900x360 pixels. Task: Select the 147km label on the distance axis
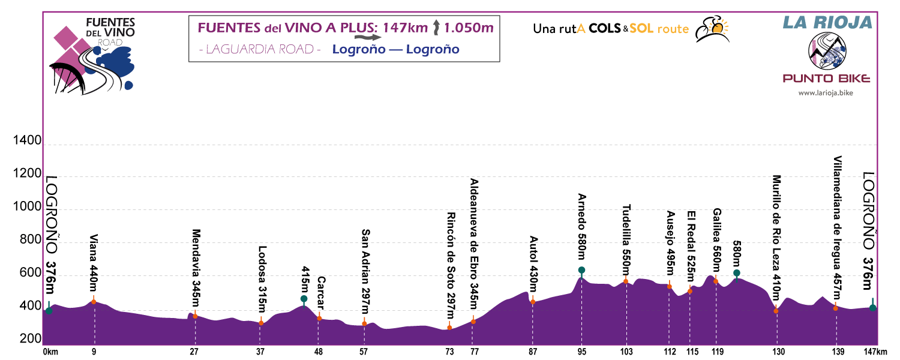tap(875, 352)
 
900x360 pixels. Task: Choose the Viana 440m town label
tap(94, 263)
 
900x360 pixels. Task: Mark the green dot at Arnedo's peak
tap(581, 270)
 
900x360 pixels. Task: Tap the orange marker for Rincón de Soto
tap(449, 327)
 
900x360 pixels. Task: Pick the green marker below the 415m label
tap(304, 299)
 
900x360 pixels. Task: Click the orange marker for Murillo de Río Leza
tap(776, 311)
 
